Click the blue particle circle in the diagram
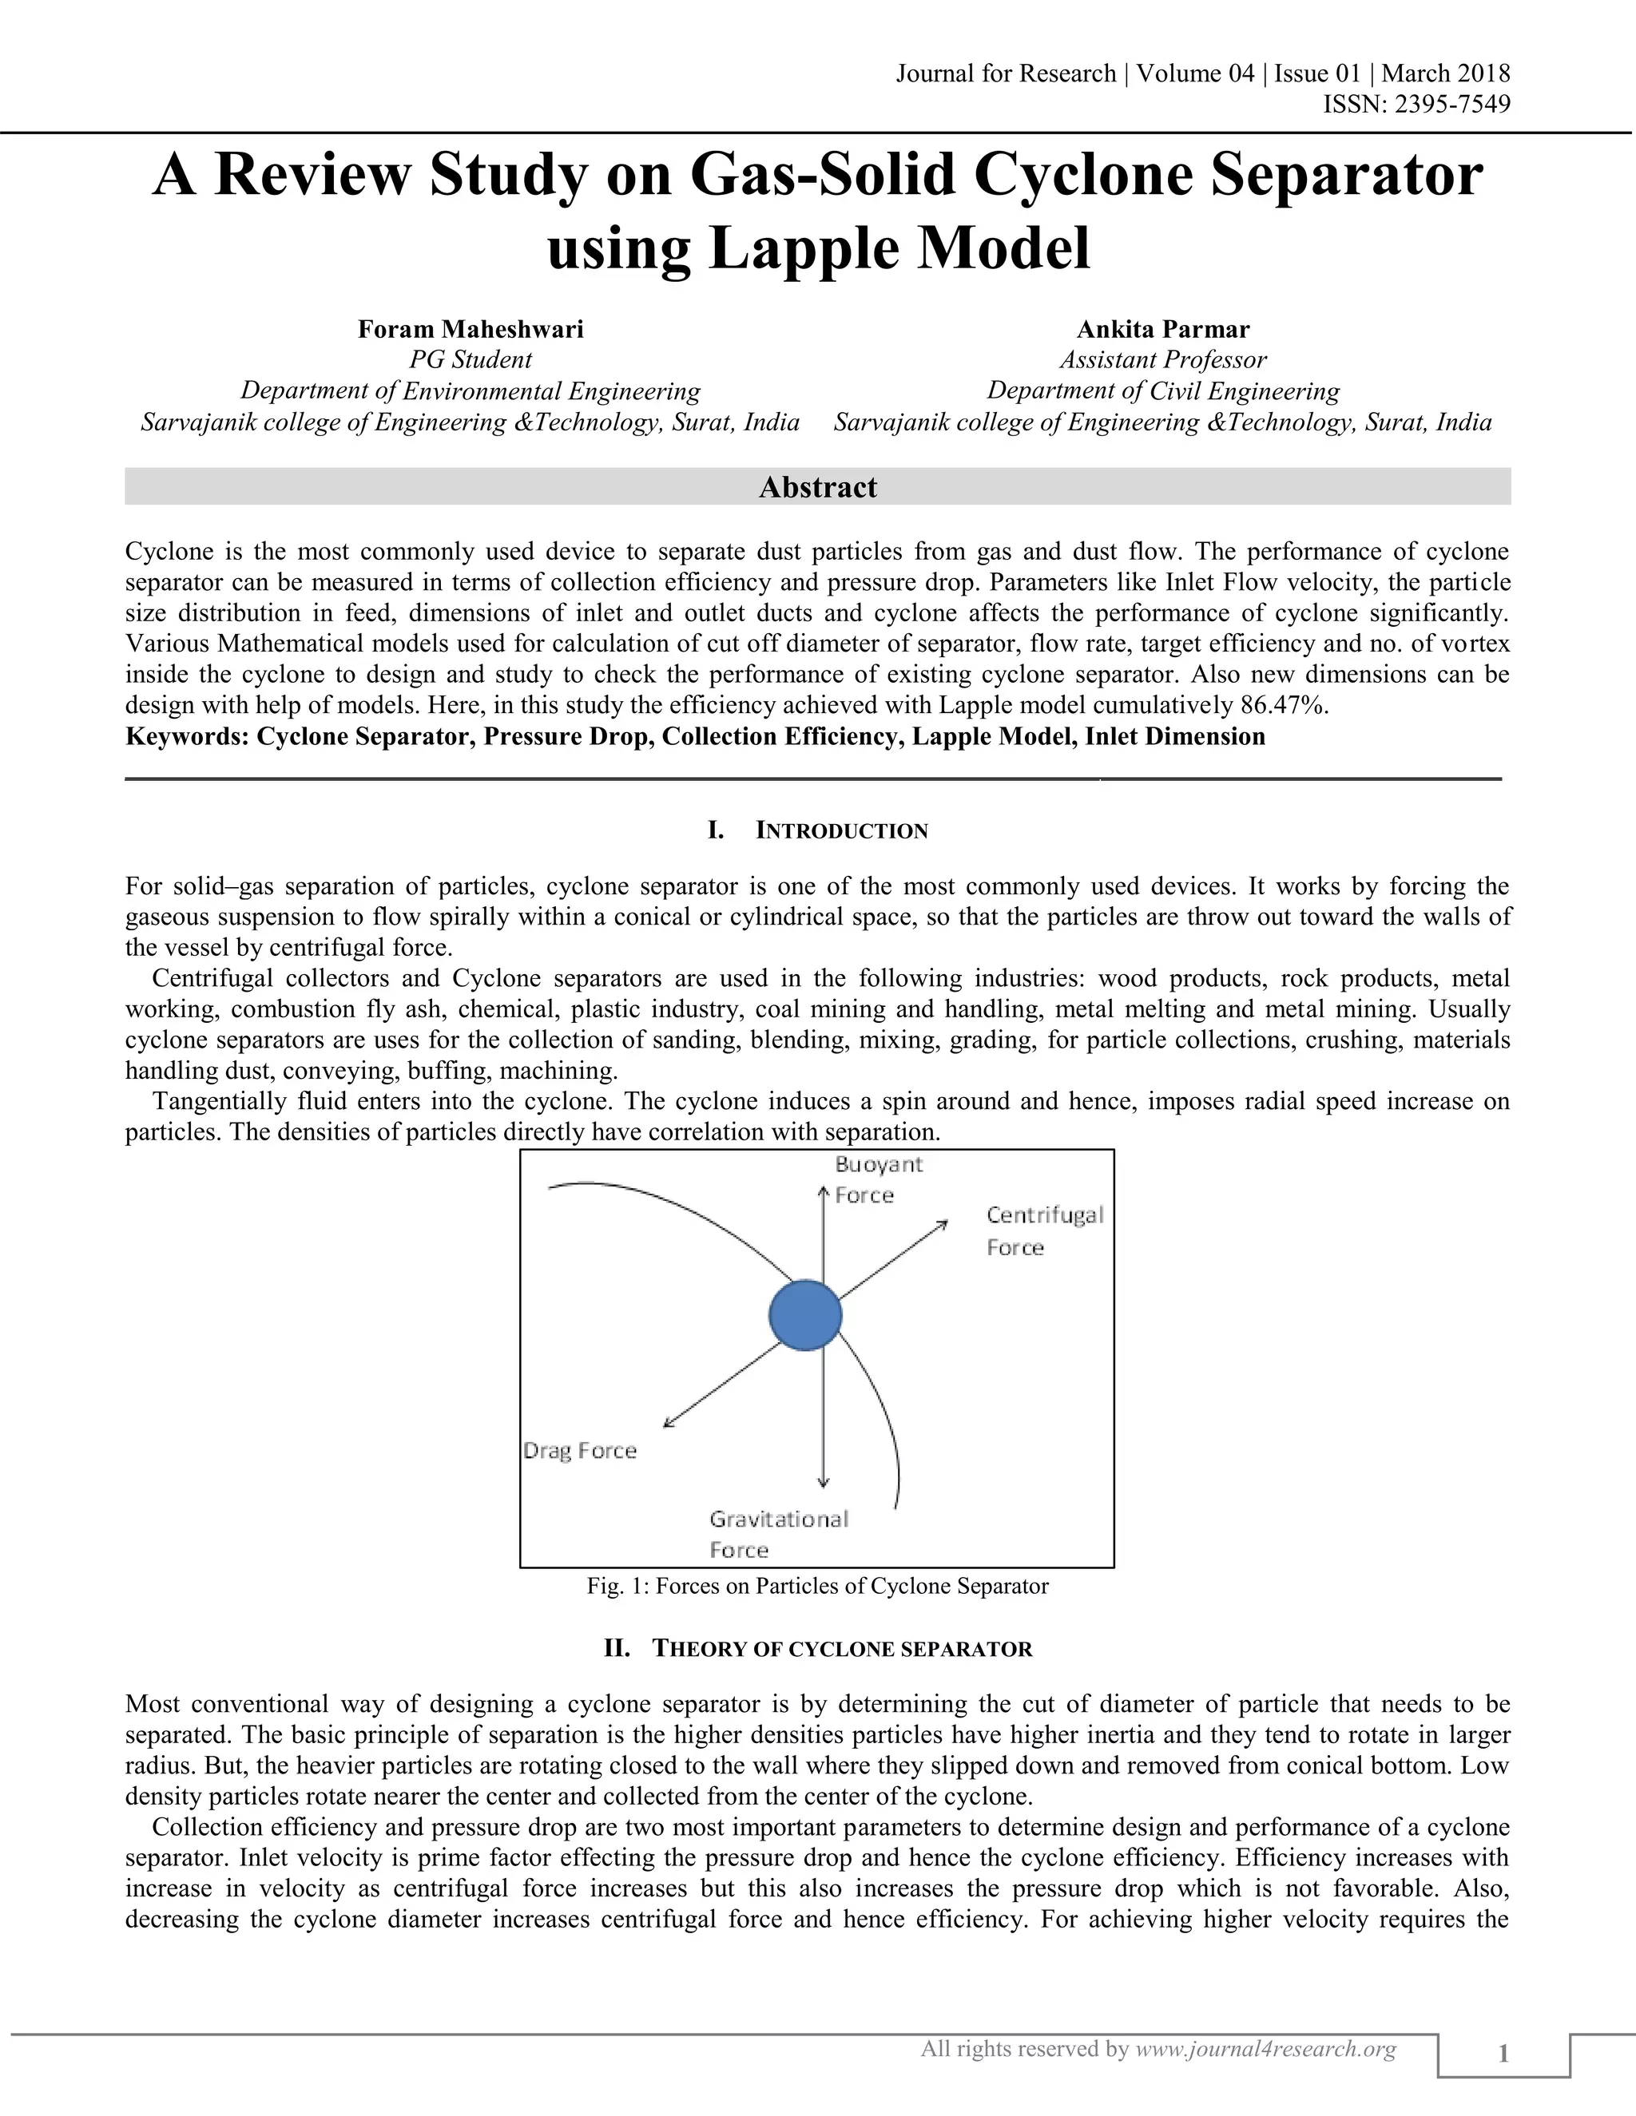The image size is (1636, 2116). pyautogui.click(x=804, y=1315)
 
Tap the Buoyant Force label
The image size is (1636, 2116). pyautogui.click(x=877, y=1179)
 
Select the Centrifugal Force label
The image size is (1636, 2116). pyautogui.click(x=1044, y=1230)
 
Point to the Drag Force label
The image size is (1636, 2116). pyautogui.click(x=580, y=1450)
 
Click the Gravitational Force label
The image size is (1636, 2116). pyautogui.click(x=777, y=1534)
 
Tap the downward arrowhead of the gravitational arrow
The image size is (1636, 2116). pyautogui.click(x=823, y=1481)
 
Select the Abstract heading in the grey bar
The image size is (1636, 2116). pyautogui.click(x=817, y=486)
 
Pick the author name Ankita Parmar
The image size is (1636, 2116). pyautogui.click(x=1163, y=330)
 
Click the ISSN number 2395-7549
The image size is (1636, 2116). pyautogui.click(x=1451, y=105)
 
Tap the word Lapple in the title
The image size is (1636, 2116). pyautogui.click(x=805, y=248)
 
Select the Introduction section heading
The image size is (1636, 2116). pyautogui.click(x=840, y=830)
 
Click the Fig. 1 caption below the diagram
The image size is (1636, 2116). pyautogui.click(x=817, y=1586)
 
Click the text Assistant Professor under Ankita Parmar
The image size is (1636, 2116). pyautogui.click(x=1162, y=359)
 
